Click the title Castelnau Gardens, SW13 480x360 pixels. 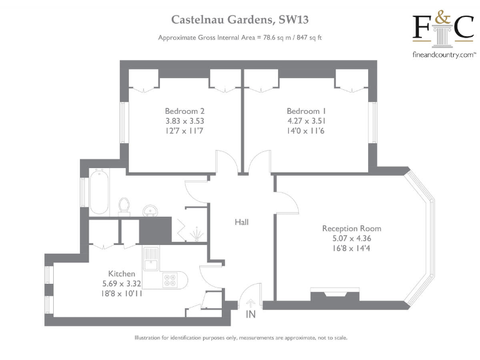(x=240, y=21)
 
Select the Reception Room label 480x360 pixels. (x=351, y=228)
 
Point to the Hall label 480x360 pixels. (x=242, y=222)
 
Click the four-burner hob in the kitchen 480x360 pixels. (x=169, y=281)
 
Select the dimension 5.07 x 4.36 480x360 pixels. (x=351, y=238)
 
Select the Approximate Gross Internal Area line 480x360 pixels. (x=240, y=38)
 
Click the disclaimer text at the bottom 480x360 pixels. (x=240, y=338)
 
